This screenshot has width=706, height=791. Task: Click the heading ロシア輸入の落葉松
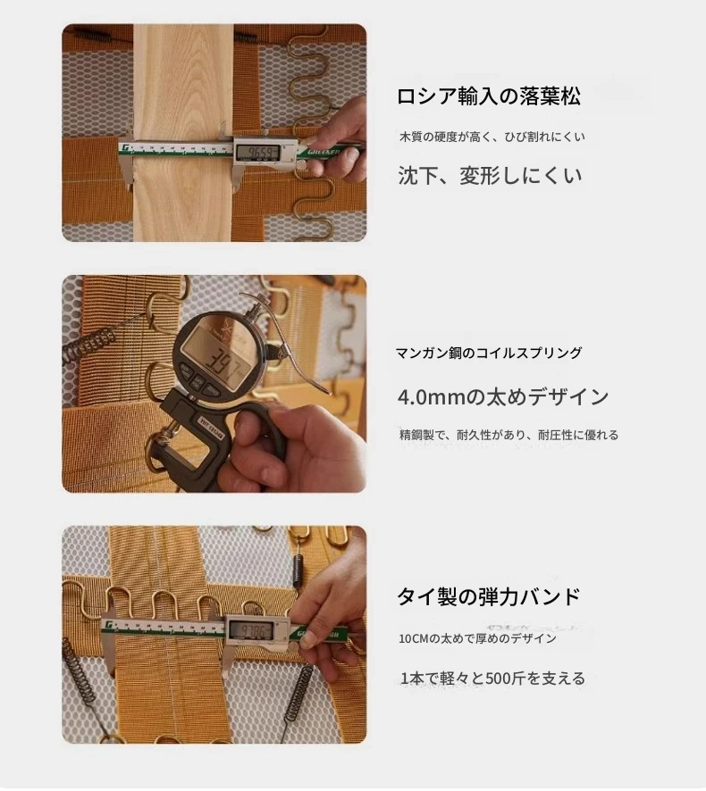coord(488,96)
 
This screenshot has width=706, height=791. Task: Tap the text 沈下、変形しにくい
coord(490,176)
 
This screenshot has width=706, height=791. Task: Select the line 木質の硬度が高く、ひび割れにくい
coord(492,137)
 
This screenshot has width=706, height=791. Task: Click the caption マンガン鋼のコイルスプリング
coord(489,353)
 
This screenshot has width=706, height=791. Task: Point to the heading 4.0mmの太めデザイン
coord(503,397)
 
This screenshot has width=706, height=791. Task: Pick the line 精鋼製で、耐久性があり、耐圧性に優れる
coord(508,435)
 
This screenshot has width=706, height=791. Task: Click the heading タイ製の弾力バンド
coord(488,596)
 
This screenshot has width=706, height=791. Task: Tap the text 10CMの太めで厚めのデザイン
coord(477,638)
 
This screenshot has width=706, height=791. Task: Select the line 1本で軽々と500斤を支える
coord(492,678)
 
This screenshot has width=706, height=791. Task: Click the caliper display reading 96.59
coord(257,153)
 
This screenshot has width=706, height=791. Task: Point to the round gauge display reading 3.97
coord(219,360)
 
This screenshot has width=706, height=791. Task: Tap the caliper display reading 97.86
coord(251,629)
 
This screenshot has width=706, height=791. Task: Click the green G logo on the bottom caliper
coord(107,626)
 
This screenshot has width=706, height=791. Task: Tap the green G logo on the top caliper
coord(125,148)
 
